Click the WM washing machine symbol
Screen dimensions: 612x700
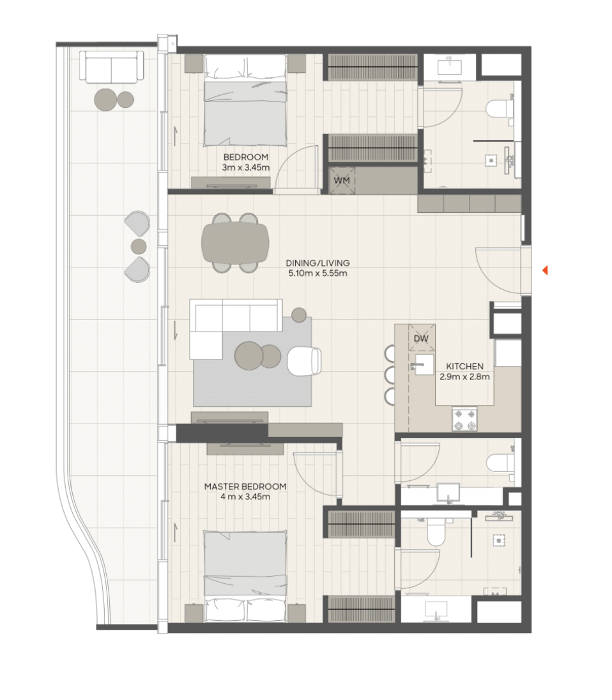[x=342, y=180]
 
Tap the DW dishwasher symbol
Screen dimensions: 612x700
[x=421, y=338]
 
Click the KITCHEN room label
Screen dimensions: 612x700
[x=464, y=366]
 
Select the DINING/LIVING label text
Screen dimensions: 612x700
[x=318, y=263]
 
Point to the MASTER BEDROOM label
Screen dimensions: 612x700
[x=245, y=486]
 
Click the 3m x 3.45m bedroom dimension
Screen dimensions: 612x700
[x=245, y=167]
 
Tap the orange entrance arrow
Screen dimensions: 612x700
[x=544, y=270]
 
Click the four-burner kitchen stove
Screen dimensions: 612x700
[x=464, y=419]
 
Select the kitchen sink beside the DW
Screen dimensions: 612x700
[x=423, y=365]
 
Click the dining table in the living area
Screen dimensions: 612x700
[x=235, y=243]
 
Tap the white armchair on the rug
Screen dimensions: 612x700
[x=303, y=361]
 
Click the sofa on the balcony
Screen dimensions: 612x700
[x=112, y=67]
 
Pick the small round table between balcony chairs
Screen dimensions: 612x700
[x=139, y=246]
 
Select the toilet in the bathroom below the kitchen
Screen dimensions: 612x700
[x=500, y=463]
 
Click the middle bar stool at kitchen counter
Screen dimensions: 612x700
[x=390, y=375]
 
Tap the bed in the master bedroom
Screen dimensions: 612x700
[x=245, y=576]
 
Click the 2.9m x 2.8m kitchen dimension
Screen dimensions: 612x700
[x=464, y=376]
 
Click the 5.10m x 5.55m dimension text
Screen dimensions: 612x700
[x=318, y=273]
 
